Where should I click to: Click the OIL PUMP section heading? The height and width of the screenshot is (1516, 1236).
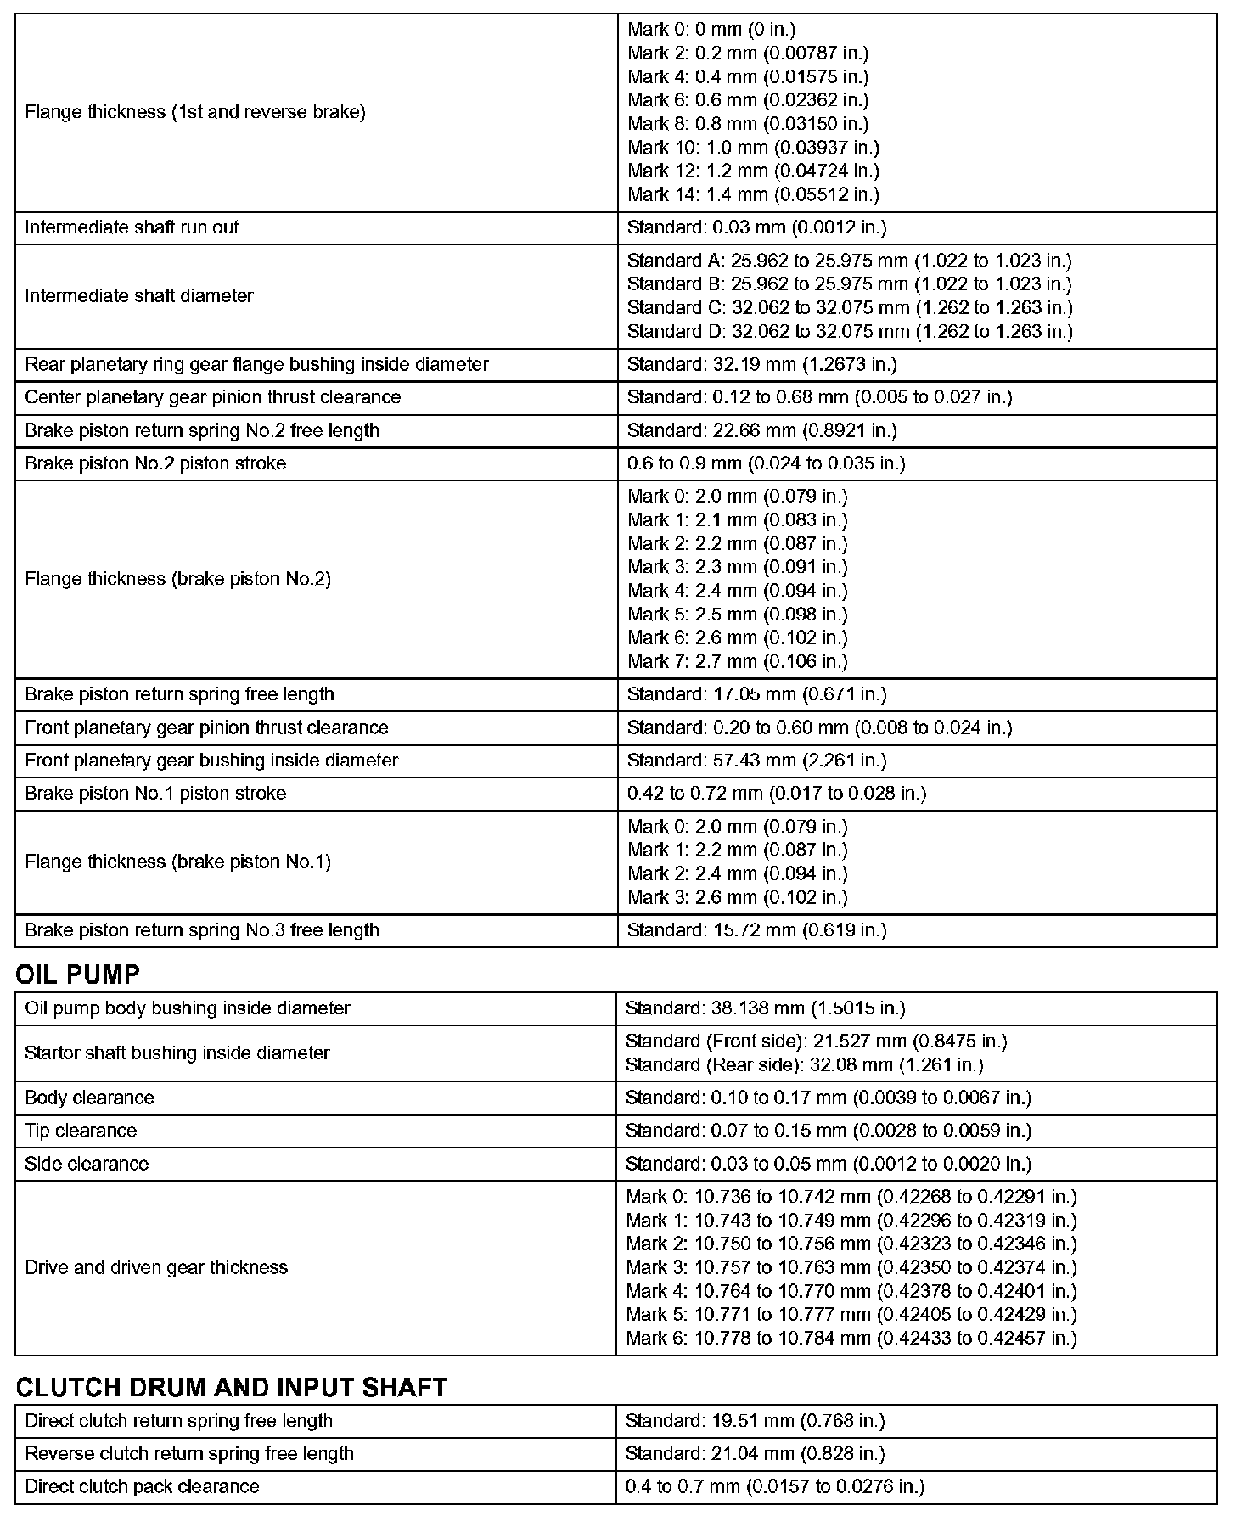click(77, 974)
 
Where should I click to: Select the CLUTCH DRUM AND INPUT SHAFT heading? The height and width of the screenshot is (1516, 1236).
click(231, 1388)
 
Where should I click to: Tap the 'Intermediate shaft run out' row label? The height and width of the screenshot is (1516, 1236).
click(132, 227)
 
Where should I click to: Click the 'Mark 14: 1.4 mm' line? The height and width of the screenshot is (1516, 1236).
click(753, 194)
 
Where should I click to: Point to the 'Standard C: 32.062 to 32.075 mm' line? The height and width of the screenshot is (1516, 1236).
click(850, 307)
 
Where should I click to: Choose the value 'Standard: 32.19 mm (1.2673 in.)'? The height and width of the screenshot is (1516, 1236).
click(761, 364)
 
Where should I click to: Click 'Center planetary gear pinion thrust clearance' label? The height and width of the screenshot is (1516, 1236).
click(212, 397)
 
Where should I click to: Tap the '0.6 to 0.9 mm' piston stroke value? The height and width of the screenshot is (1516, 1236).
click(766, 463)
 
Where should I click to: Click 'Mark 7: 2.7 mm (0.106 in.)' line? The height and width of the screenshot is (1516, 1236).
click(737, 661)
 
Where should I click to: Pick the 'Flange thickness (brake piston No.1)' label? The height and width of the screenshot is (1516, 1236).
click(177, 862)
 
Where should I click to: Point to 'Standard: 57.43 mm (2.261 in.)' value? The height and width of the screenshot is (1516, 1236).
click(756, 761)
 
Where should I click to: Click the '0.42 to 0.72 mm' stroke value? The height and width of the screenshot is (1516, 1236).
click(776, 794)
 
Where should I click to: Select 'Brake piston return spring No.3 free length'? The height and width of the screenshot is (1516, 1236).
click(202, 930)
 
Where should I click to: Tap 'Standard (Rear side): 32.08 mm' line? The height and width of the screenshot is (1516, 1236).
click(804, 1064)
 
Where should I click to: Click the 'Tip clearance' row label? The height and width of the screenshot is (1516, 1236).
click(81, 1131)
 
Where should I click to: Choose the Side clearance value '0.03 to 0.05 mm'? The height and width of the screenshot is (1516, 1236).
click(828, 1164)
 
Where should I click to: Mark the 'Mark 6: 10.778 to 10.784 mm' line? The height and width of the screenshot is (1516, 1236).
click(851, 1339)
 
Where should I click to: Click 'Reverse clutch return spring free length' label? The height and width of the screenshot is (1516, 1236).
click(189, 1453)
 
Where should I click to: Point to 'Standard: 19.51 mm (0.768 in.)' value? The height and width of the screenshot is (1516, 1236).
click(755, 1421)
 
